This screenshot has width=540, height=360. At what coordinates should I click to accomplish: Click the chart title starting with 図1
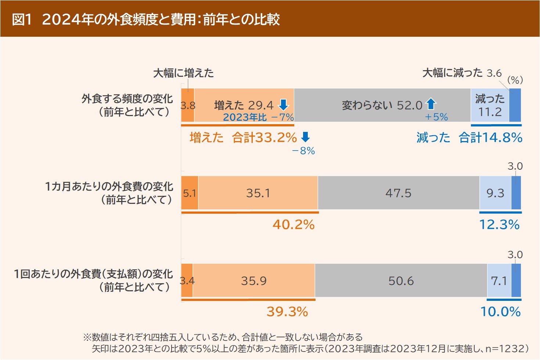pyautogui.click(x=146, y=19)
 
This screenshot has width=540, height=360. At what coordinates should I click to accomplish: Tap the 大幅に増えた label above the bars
pyautogui.click(x=183, y=73)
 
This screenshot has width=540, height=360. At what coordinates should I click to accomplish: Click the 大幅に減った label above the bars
pyautogui.click(x=452, y=73)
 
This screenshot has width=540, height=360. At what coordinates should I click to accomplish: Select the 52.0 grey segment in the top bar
pyautogui.click(x=382, y=105)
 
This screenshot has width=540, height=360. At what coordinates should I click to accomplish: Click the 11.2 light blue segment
pyautogui.click(x=490, y=105)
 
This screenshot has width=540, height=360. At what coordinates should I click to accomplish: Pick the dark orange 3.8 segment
pyautogui.click(x=188, y=105)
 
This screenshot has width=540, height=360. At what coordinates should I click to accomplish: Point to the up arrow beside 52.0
pyautogui.click(x=431, y=104)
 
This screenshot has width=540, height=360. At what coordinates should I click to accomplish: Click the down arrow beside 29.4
pyautogui.click(x=283, y=105)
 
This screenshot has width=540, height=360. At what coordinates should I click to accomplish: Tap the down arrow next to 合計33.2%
pyautogui.click(x=305, y=137)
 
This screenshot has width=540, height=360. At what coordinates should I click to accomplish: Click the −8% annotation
pyautogui.click(x=303, y=151)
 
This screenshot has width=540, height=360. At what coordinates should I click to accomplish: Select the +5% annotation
pyautogui.click(x=436, y=117)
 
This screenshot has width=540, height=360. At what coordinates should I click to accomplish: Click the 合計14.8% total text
pyautogui.click(x=490, y=138)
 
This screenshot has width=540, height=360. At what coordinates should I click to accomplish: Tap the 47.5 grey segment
pyautogui.click(x=398, y=193)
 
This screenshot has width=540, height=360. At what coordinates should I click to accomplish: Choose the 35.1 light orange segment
pyautogui.click(x=258, y=193)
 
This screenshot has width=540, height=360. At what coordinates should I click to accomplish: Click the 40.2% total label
pyautogui.click(x=294, y=224)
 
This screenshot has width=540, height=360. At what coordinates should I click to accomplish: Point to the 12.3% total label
pyautogui.click(x=499, y=224)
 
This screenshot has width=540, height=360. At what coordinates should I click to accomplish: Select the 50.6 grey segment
pyautogui.click(x=401, y=281)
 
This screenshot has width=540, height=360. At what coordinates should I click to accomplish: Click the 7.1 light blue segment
pyautogui.click(x=499, y=281)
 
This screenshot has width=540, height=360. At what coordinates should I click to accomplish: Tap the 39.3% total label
pyautogui.click(x=287, y=312)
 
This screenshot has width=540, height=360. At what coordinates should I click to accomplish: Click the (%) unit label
pyautogui.click(x=515, y=80)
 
